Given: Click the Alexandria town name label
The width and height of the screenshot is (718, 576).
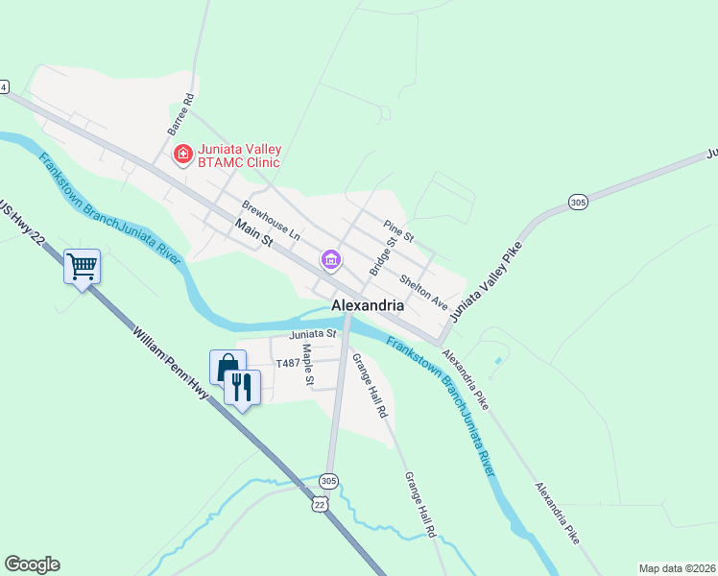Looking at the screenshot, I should (x=368, y=304).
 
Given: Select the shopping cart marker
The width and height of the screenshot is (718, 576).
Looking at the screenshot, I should (x=83, y=267).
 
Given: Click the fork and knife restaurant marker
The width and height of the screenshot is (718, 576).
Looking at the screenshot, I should (x=243, y=387).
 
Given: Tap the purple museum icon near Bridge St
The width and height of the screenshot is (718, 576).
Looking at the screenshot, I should (x=331, y=259).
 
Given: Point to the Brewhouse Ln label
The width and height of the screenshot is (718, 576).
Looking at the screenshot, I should (x=272, y=221).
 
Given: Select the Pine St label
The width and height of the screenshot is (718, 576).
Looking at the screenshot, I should (x=397, y=230).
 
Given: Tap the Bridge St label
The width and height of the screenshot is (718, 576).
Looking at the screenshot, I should (x=383, y=255).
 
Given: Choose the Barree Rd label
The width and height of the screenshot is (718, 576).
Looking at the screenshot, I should (x=180, y=112).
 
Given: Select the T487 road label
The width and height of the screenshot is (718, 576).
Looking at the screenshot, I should (x=288, y=364).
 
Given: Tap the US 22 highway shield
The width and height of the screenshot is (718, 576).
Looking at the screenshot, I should (x=320, y=503).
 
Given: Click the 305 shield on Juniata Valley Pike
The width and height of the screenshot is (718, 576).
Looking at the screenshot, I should (x=577, y=202).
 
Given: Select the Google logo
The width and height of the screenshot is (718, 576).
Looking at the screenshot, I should (x=32, y=564).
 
